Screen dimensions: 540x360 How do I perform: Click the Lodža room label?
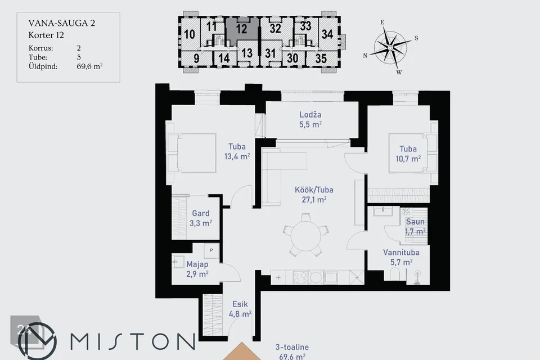pos(310,115)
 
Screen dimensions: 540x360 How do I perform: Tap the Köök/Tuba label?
pos(314,190)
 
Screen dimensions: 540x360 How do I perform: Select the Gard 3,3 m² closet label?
pos(200,218)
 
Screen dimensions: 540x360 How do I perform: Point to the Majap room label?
pos(197,264)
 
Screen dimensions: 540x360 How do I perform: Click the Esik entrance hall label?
pos(240,304)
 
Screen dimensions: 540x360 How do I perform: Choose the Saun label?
pos(415,222)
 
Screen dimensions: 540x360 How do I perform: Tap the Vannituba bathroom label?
pos(401,252)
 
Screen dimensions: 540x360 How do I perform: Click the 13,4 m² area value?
pos(237,156)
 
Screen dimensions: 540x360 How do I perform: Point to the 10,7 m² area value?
pos(408,159)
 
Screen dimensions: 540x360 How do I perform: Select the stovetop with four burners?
pos(300,277)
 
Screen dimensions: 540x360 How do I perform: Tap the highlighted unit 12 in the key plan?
pos(242,29)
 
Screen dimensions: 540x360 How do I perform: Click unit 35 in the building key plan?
pos(321,58)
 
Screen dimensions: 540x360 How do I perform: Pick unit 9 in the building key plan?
pos(196,58)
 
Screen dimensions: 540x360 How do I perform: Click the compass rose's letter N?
pos(365,56)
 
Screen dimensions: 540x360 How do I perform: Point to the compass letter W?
pos(399,73)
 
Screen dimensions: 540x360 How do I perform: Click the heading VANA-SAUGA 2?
pos(62,23)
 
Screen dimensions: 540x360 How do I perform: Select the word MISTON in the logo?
pos(133,341)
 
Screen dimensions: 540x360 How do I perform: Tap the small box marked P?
pos(211,250)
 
